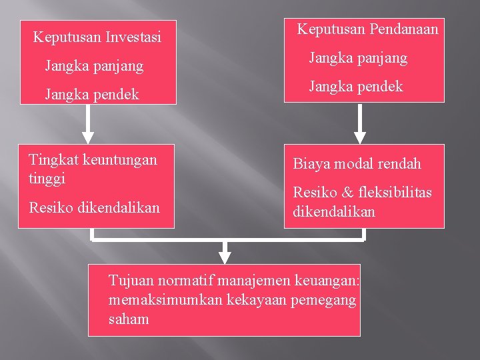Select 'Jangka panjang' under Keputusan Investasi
point(94,66)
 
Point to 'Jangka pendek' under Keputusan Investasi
point(92,95)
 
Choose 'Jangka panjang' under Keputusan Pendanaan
point(358,58)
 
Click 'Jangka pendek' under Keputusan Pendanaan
point(356,87)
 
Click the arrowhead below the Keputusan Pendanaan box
point(361,136)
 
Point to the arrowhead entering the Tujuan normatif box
point(225,257)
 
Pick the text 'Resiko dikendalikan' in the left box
point(95,207)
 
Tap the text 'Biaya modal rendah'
point(357,164)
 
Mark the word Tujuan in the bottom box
point(130,280)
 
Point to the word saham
point(129,319)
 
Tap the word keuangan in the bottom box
point(330,280)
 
